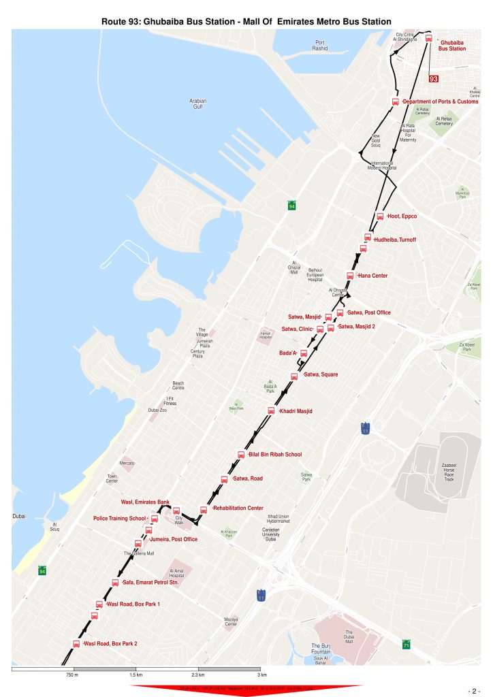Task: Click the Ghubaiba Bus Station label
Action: [451, 46]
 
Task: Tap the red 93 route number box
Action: [433, 79]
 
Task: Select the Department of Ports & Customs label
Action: [440, 101]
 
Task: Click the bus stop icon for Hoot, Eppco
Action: [380, 216]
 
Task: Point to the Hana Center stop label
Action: [372, 276]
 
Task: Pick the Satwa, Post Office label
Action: [369, 312]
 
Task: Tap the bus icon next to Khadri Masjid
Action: [271, 410]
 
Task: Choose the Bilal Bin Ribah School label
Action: [275, 454]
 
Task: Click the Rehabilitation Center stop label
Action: [238, 508]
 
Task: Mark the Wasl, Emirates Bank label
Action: [145, 502]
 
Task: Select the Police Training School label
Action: [120, 519]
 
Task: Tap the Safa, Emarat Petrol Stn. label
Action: [150, 583]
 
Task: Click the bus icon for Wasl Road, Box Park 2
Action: [76, 643]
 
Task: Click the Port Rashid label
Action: [320, 46]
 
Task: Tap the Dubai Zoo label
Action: [158, 410]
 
